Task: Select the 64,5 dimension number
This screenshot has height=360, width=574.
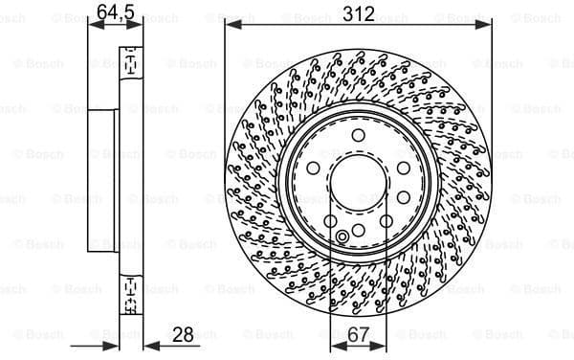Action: [x=115, y=12]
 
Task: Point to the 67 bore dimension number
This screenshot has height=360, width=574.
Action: [x=358, y=335]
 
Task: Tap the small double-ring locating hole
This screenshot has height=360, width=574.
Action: [x=342, y=237]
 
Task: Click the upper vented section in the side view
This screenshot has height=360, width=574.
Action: [x=128, y=63]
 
